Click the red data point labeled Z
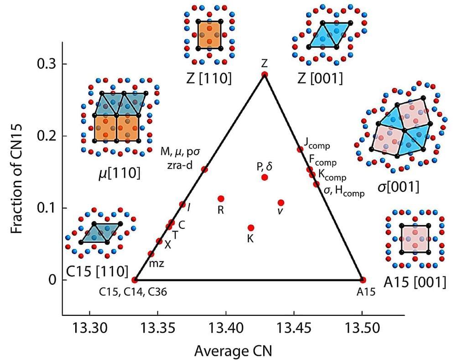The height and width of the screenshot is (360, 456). [264, 74]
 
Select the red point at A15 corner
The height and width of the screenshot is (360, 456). [363, 279]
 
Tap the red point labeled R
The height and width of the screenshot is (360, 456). [221, 198]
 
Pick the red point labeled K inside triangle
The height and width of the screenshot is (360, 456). [251, 227]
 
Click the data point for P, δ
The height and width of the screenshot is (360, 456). [264, 177]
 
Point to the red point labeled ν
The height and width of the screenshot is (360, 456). [281, 202]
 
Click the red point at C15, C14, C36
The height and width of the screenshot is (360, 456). [135, 279]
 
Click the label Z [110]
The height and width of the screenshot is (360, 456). [209, 78]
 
